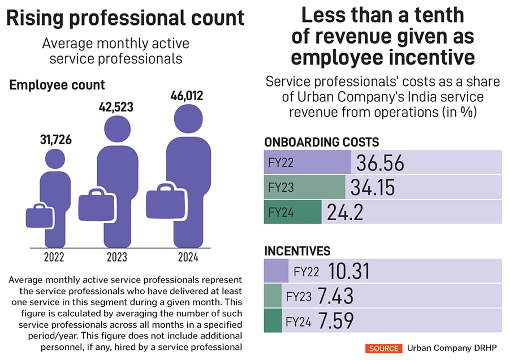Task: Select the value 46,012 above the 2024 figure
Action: tap(187, 96)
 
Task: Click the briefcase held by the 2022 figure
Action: tap(40, 216)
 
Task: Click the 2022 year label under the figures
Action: tap(55, 258)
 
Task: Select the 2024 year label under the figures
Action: tap(188, 258)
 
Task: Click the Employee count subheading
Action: tap(57, 85)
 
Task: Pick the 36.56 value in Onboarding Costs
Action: tap(380, 163)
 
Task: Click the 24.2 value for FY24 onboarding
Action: tap(345, 212)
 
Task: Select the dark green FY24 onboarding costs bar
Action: tap(292, 212)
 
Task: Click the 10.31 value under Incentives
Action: tap(344, 272)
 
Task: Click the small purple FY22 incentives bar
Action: tap(276, 271)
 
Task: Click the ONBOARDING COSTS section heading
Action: tap(321, 142)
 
